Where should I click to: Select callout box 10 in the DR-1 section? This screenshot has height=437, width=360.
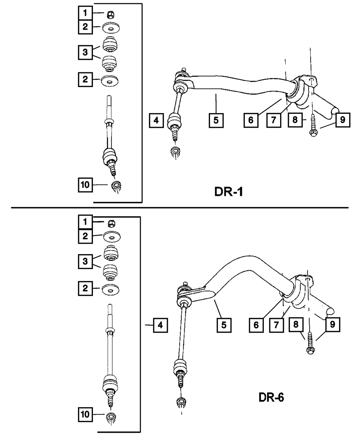[85, 185]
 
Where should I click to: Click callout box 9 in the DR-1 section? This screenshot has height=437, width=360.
[343, 120]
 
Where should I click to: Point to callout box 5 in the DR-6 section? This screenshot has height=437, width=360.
[224, 325]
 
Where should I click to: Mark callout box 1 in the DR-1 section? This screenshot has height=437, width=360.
[85, 14]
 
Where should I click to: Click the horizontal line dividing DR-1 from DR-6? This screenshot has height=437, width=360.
[180, 207]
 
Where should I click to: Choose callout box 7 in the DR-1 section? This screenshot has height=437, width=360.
[274, 120]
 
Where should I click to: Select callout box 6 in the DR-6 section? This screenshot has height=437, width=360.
[256, 325]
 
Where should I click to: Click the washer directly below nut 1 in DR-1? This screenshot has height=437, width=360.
[112, 28]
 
